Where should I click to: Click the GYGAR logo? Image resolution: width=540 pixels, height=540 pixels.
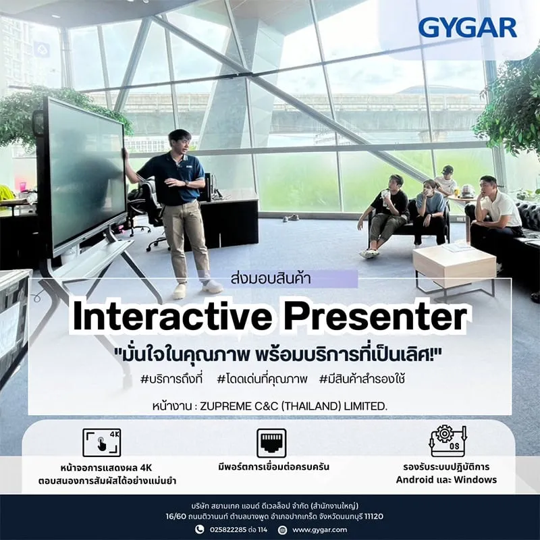467,28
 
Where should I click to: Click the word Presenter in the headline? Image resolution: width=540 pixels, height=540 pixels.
375,317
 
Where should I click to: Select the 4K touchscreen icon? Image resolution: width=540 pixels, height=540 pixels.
102,443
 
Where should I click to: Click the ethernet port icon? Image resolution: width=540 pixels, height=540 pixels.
272,443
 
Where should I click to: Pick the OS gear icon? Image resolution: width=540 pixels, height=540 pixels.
448,441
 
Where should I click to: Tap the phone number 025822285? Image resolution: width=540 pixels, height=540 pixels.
228,529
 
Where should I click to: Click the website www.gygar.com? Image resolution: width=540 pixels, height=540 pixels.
319,529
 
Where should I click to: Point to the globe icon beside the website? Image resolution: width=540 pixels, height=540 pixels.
282,530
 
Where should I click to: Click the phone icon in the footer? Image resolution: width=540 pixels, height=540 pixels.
199,529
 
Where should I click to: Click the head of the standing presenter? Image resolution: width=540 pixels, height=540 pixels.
180,142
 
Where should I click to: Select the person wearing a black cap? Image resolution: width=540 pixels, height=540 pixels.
446,181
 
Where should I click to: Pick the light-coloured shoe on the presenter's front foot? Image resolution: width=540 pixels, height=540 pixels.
180,292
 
